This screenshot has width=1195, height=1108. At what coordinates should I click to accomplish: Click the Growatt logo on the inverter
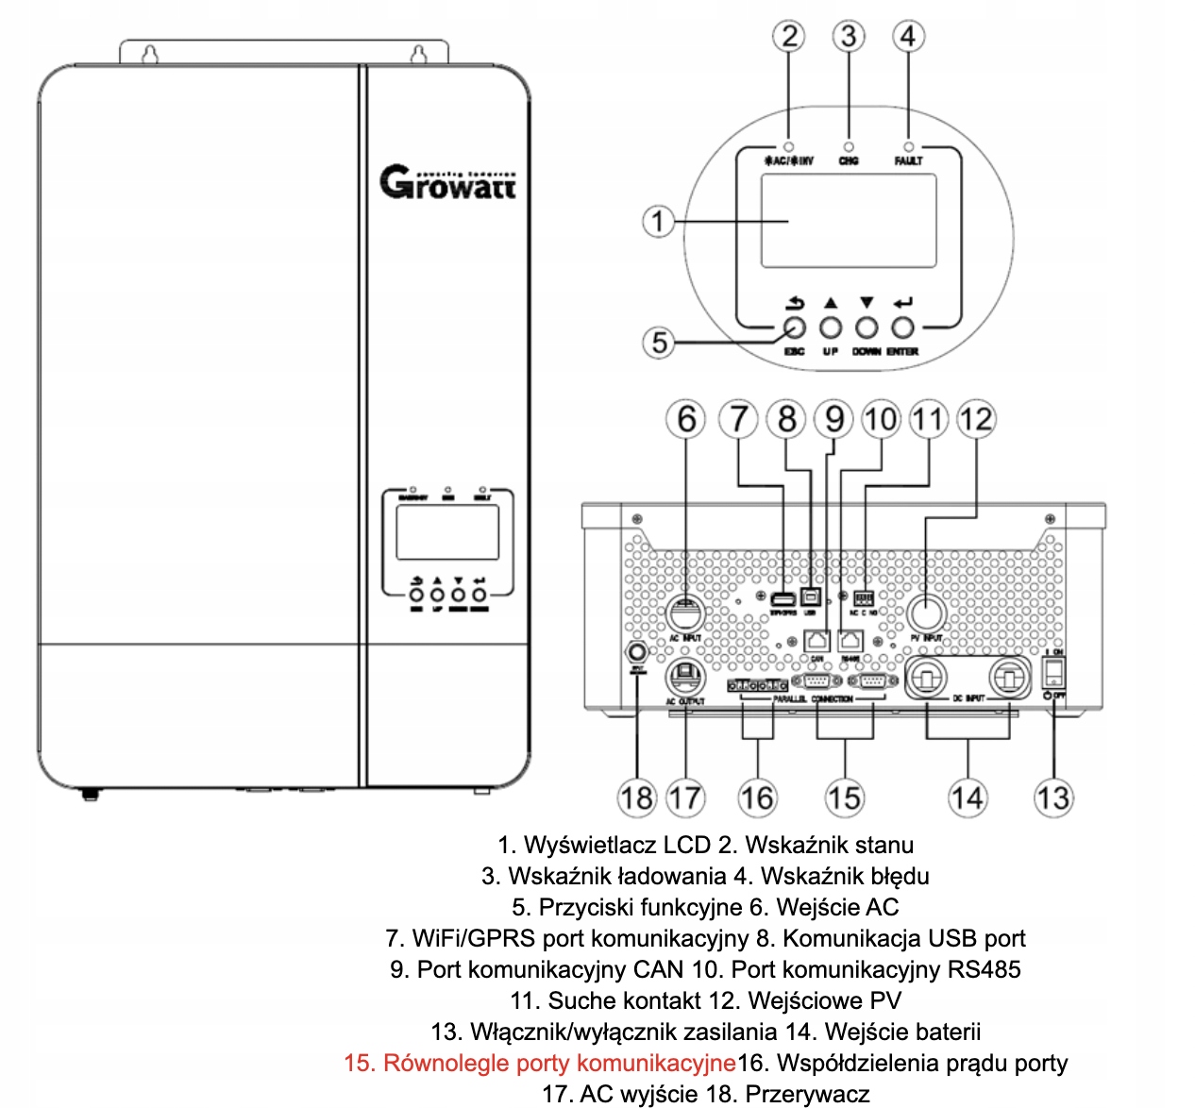coord(448,182)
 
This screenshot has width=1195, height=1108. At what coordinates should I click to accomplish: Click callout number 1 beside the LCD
coord(658,222)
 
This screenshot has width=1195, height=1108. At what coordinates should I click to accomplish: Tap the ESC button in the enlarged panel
coord(795,327)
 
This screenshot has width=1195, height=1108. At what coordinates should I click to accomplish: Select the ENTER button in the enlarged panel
coord(903,327)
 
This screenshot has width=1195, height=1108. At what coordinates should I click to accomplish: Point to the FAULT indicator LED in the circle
coord(908,147)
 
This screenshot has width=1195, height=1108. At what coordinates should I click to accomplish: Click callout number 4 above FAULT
coord(908,37)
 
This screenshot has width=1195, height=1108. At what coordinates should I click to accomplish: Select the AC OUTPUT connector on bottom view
coord(685,676)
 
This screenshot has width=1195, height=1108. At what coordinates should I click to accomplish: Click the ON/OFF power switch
coord(1053,672)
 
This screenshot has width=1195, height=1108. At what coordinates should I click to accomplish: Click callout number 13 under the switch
coord(1053,797)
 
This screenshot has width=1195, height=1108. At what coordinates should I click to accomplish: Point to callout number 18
coord(636,797)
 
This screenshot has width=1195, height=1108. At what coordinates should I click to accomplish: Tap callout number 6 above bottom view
coord(686,419)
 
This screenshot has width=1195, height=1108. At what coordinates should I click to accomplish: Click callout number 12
coord(976,419)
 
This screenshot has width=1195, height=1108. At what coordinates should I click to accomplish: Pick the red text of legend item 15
coord(539,1063)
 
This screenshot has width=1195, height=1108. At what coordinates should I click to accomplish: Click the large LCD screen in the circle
coord(848,221)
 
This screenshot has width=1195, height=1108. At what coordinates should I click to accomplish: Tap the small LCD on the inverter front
coord(447,531)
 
